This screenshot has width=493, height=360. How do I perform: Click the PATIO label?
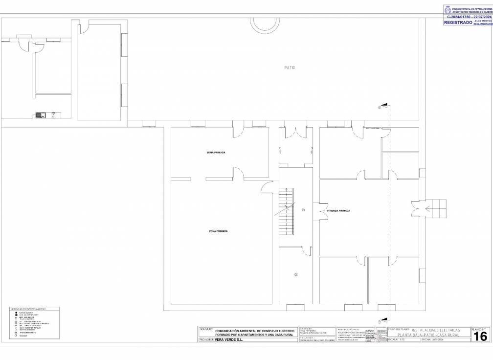pos(290,67)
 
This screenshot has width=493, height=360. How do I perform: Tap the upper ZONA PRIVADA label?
pos(216,153)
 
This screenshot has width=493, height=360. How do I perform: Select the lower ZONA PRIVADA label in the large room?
pos(218,231)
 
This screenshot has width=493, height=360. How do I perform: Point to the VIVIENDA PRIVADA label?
pos(338,210)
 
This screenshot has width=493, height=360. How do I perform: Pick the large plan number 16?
pos(480,336)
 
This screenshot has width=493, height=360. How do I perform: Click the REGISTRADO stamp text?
pos(458,22)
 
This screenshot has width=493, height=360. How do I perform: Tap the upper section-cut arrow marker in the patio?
pos(384,105)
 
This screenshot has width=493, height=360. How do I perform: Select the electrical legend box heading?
pos(28,309)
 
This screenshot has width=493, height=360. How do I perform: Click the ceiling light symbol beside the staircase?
pos(303,210)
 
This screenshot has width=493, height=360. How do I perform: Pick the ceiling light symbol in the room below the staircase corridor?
pos(296,274)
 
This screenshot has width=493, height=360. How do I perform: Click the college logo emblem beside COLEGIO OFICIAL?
pos(447,9)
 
